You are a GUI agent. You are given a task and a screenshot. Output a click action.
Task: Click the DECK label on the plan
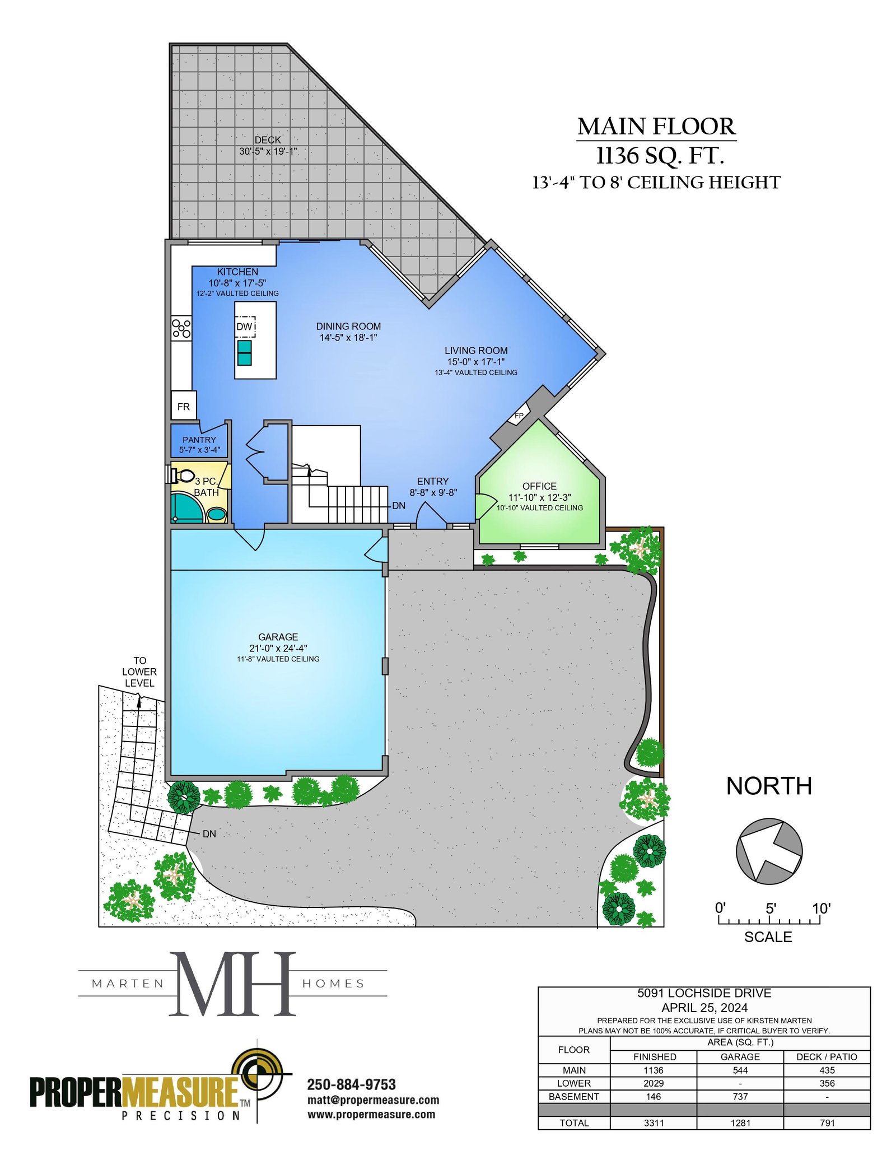coord(268,140)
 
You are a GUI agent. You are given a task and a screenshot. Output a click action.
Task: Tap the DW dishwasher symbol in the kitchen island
coord(245,327)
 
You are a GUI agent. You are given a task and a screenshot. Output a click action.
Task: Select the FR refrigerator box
coord(184,406)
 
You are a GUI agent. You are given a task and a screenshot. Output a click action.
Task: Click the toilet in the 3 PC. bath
coord(181,476)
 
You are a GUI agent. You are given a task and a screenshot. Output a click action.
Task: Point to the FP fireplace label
coord(519,415)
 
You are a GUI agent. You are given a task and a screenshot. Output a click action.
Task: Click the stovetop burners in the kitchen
coord(181,328)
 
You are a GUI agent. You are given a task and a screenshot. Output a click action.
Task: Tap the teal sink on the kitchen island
coord(244,353)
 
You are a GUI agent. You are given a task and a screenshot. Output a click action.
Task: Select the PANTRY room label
coord(199,440)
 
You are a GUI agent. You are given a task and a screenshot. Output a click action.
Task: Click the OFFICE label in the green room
coord(539,486)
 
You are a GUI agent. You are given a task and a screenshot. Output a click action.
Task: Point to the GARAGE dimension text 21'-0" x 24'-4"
coord(278,648)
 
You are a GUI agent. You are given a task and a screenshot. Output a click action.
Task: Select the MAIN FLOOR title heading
coord(656,127)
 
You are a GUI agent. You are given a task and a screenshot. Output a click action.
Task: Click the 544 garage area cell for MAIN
coord(740,1070)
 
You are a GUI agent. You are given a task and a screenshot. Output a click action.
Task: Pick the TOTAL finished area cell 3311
coord(654,1122)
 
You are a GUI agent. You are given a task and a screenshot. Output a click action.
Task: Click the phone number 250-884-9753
coord(352,1084)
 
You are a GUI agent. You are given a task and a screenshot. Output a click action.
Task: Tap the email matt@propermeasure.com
coord(373,1100)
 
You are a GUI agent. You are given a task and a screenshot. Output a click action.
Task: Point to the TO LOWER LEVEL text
coord(139,672)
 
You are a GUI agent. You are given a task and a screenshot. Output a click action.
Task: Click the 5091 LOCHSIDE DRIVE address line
coord(704,993)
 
